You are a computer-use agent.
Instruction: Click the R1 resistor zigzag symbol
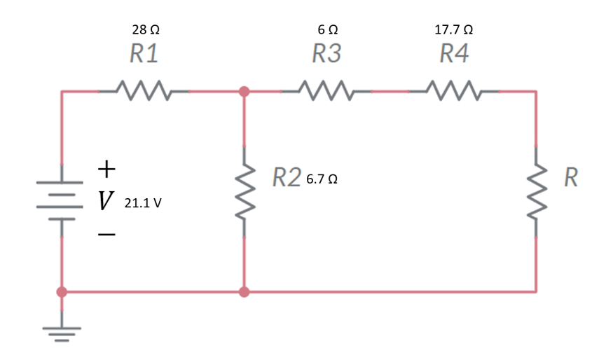pos(143,91)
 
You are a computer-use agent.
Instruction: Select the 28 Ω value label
pos(145,31)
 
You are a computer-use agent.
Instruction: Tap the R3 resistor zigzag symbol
pos(326,91)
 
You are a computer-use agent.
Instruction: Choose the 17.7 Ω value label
pos(453,31)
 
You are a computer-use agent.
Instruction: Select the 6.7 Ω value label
pos(323,179)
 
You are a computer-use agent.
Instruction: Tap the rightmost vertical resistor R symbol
pos(537,191)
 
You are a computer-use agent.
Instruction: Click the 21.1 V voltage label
pos(143,204)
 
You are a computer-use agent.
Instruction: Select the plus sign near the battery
pos(105,169)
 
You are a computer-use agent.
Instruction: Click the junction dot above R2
pos(244,91)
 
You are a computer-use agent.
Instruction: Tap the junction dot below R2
pos(244,291)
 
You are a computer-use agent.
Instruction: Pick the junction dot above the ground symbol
pos(62,291)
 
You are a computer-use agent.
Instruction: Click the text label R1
pos(144,54)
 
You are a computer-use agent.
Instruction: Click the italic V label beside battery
pos(105,202)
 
